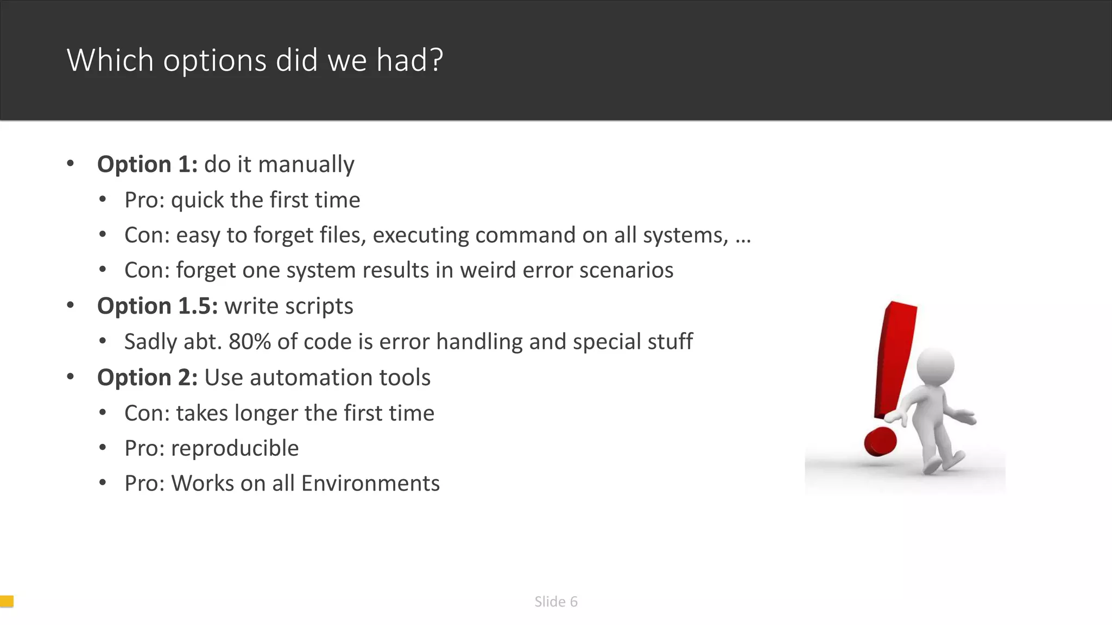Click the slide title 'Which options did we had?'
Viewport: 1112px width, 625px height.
[x=255, y=60]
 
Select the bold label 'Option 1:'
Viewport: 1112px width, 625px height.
[x=147, y=164]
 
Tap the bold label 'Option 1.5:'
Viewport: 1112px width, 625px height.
[x=157, y=306]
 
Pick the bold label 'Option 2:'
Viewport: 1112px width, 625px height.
[x=147, y=378]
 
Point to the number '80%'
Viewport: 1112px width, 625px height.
[x=250, y=342]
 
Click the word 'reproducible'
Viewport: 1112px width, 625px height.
[x=235, y=448]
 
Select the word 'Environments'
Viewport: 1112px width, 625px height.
[x=370, y=483]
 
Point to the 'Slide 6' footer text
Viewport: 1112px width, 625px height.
[x=555, y=602]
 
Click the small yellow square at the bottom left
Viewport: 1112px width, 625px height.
[x=7, y=601]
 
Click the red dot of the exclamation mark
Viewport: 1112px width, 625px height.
[x=880, y=441]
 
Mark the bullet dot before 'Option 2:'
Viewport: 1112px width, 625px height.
[x=70, y=377]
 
